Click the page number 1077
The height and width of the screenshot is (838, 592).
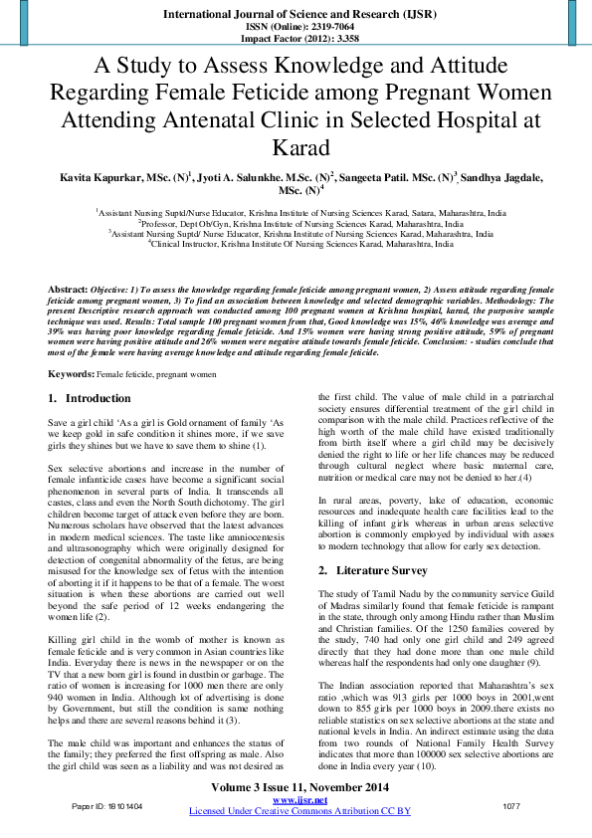coord(512,805)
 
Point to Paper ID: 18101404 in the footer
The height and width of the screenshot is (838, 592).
coord(107,805)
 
